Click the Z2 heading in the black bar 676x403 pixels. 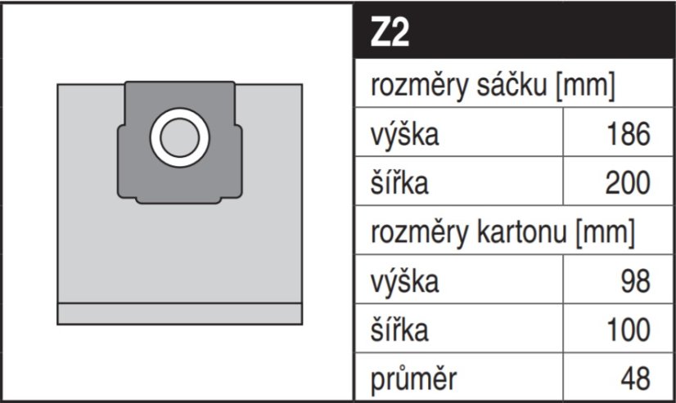pos(390,33)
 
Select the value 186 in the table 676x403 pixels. pos(629,134)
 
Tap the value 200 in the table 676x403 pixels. pos(628,183)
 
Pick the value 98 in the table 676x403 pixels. pos(635,281)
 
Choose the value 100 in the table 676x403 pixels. pos(629,330)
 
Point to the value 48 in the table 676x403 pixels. pos(635,379)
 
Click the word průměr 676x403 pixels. pos(413,379)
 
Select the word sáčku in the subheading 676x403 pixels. pos(512,85)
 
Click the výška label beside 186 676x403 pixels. pos(404,134)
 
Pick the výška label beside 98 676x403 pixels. pos(404,281)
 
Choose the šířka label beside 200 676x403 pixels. pos(399,183)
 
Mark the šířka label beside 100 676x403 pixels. pos(399,330)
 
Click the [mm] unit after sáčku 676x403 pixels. pos(585,86)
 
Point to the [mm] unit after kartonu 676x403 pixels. pos(606,233)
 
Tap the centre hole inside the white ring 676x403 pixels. pos(180,138)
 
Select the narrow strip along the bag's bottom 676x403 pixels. pos(180,314)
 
